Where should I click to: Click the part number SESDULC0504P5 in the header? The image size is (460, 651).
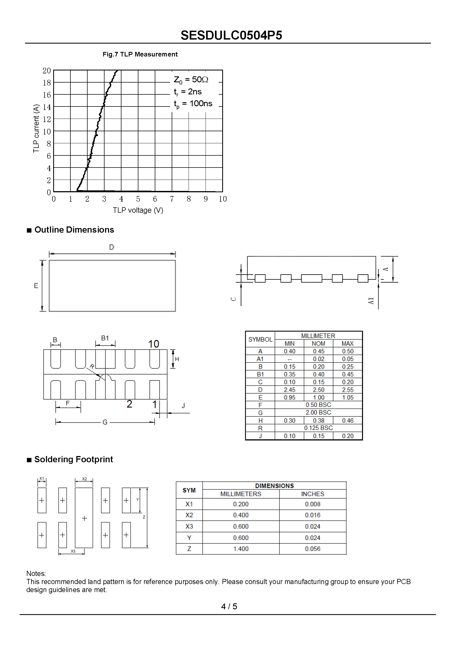(x=231, y=35)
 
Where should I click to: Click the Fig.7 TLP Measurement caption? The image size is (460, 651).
(x=140, y=54)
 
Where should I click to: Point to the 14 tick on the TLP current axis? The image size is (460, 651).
(x=47, y=107)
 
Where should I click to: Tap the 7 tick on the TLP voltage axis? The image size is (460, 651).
(x=172, y=199)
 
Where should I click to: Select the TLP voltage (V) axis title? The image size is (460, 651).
(x=138, y=210)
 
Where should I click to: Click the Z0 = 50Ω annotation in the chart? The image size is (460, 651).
(x=191, y=80)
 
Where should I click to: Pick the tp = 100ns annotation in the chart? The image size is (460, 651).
(x=193, y=104)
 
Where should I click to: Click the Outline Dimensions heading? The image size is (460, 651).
(x=74, y=230)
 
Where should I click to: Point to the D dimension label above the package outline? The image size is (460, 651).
(x=112, y=247)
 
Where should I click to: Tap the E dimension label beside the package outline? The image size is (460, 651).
(x=36, y=286)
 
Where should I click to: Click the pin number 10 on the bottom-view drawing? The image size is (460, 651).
(x=153, y=344)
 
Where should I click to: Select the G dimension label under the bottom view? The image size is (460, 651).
(x=105, y=422)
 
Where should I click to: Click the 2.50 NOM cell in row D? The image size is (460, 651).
(x=318, y=390)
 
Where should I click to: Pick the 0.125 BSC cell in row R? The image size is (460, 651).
(x=318, y=428)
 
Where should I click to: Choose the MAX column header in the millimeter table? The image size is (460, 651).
(x=347, y=343)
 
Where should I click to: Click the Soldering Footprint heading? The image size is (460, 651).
(x=73, y=459)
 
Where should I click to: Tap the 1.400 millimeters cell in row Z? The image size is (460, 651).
(x=241, y=549)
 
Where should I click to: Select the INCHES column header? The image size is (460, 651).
(x=312, y=494)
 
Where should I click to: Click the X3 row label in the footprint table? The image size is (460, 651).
(x=189, y=526)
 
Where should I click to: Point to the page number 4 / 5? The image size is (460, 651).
(x=229, y=606)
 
